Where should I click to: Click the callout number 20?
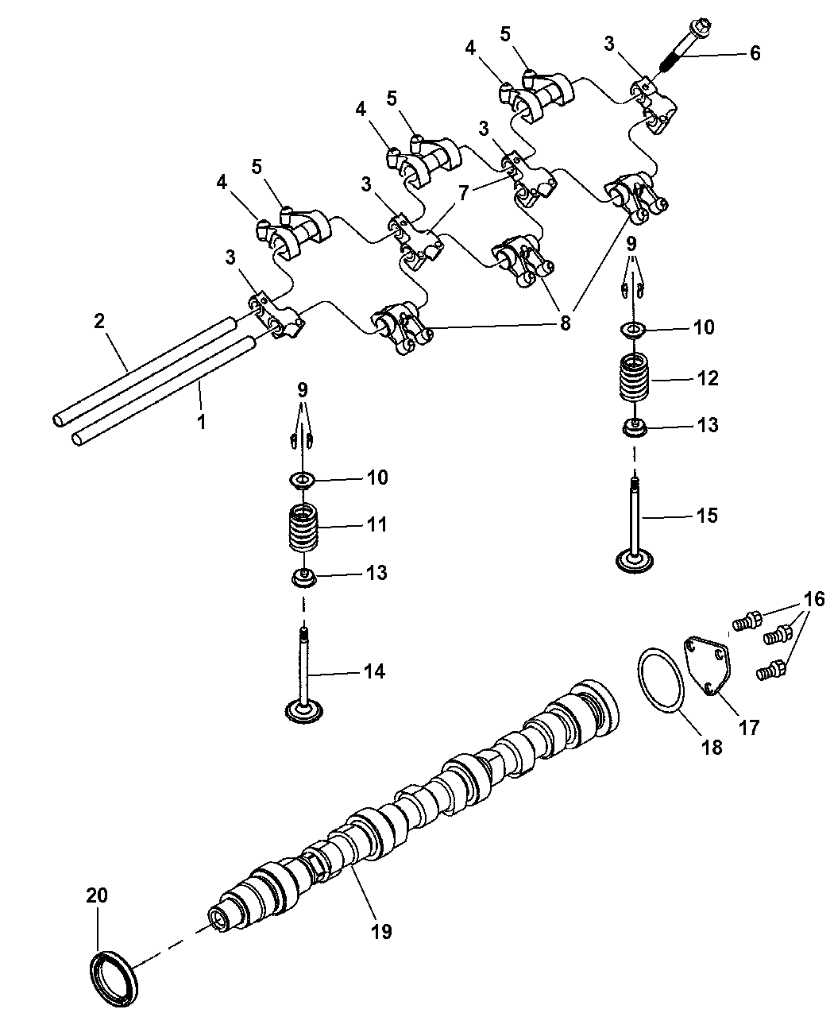coord(97,895)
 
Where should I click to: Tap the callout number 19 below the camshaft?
coord(381,931)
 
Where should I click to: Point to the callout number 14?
coord(374,672)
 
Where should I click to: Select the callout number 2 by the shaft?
coord(99,321)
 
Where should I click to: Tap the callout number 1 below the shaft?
coord(201,420)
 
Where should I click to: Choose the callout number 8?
coord(565,323)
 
